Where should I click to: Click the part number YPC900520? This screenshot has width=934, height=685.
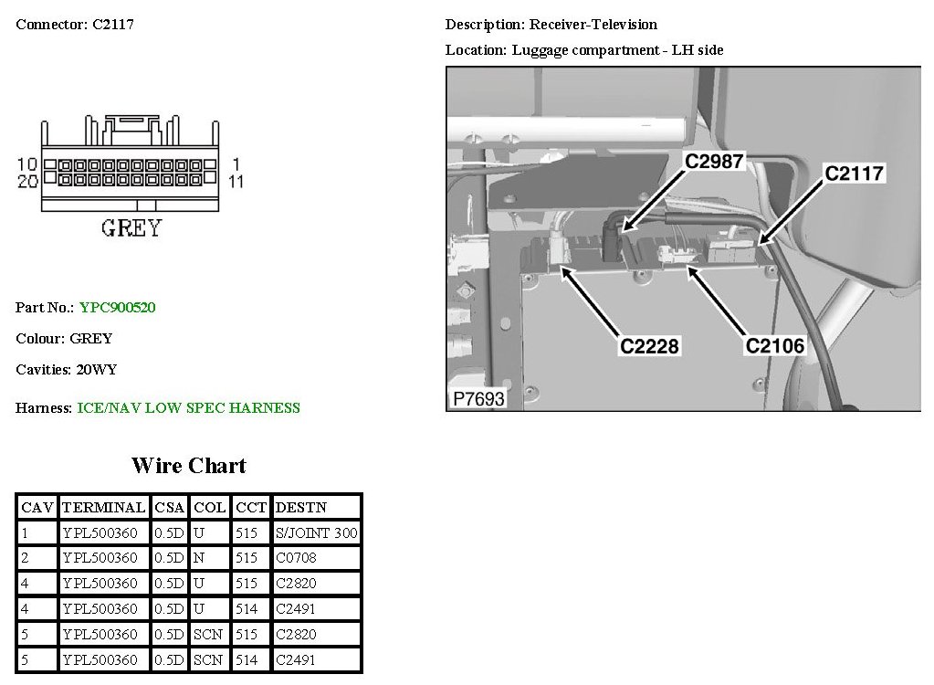(x=117, y=308)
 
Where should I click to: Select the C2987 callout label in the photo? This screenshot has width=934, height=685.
(x=715, y=163)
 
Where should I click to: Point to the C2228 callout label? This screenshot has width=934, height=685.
(x=651, y=346)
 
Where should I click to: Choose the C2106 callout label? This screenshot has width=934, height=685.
(x=775, y=346)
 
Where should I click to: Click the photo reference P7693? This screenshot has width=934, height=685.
(x=477, y=399)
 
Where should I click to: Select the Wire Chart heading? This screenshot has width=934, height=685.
(x=189, y=466)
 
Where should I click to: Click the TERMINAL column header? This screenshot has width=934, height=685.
(x=103, y=507)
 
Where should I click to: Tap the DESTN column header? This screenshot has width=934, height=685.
(x=300, y=507)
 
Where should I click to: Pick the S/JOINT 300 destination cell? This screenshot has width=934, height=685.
(x=316, y=532)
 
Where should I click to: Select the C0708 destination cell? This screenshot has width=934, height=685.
(x=294, y=558)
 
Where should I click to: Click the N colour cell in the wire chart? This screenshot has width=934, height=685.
(x=199, y=558)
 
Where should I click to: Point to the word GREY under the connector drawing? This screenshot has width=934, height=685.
(x=131, y=228)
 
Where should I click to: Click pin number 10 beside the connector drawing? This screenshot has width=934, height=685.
(x=26, y=164)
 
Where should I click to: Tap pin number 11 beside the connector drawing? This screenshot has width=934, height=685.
(x=236, y=182)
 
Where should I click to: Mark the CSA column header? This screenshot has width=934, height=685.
(x=169, y=507)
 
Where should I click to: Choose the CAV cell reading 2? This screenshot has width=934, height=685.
(x=25, y=558)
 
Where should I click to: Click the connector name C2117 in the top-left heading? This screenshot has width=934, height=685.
(x=113, y=25)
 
